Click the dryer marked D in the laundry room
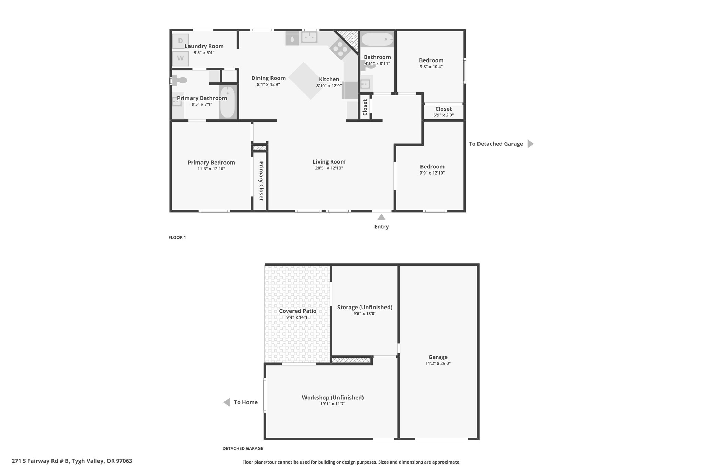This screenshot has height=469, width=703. pyautogui.click(x=180, y=41)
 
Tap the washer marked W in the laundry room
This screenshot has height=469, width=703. pyautogui.click(x=180, y=58)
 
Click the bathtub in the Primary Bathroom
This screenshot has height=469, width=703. pyautogui.click(x=227, y=102)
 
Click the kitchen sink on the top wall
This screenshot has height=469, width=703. pyautogui.click(x=309, y=37)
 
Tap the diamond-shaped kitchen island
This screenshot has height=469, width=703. pyautogui.click(x=310, y=81)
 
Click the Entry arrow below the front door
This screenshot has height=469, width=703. pyautogui.click(x=381, y=217)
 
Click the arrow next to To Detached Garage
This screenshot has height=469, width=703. pyautogui.click(x=530, y=144)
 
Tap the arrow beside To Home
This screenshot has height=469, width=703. pyautogui.click(x=227, y=402)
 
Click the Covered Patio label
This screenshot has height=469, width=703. pyautogui.click(x=298, y=311)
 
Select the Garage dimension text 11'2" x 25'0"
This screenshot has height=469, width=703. pyautogui.click(x=438, y=363)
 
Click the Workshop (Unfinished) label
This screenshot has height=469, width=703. pyautogui.click(x=333, y=397)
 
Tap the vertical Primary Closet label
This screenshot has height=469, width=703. pyautogui.click(x=261, y=181)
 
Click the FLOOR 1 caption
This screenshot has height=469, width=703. pyautogui.click(x=177, y=237)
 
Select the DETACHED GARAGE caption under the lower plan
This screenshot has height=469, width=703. pyautogui.click(x=243, y=448)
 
